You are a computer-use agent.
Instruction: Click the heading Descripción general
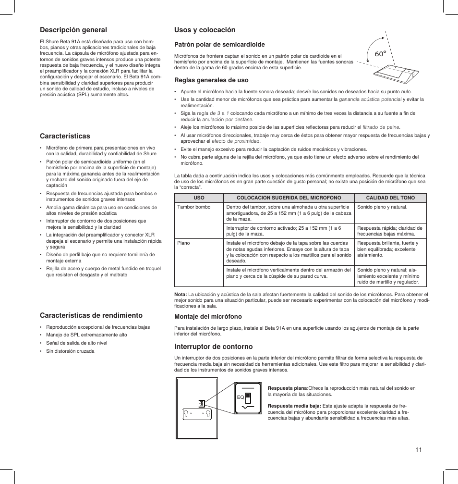(73, 30)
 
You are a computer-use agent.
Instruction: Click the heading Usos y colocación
(205, 30)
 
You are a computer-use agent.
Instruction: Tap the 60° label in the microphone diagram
(381, 54)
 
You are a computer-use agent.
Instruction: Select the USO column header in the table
(199, 198)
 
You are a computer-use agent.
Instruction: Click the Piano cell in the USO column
(183, 243)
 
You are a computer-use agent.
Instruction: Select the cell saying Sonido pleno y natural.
(382, 207)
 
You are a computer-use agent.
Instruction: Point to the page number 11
(419, 449)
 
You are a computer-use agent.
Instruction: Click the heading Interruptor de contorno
(213, 346)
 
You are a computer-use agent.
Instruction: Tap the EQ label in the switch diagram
(241, 397)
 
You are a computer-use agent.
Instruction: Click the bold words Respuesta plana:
(288, 388)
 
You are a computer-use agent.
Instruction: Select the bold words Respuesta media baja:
(294, 406)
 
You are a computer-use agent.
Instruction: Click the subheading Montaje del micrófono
(208, 316)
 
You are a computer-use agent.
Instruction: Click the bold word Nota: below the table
(180, 294)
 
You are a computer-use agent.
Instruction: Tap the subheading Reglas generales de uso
(211, 80)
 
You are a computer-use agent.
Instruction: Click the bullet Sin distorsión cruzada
(70, 351)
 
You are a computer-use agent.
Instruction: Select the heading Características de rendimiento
(91, 315)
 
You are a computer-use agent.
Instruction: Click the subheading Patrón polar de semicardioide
(219, 44)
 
